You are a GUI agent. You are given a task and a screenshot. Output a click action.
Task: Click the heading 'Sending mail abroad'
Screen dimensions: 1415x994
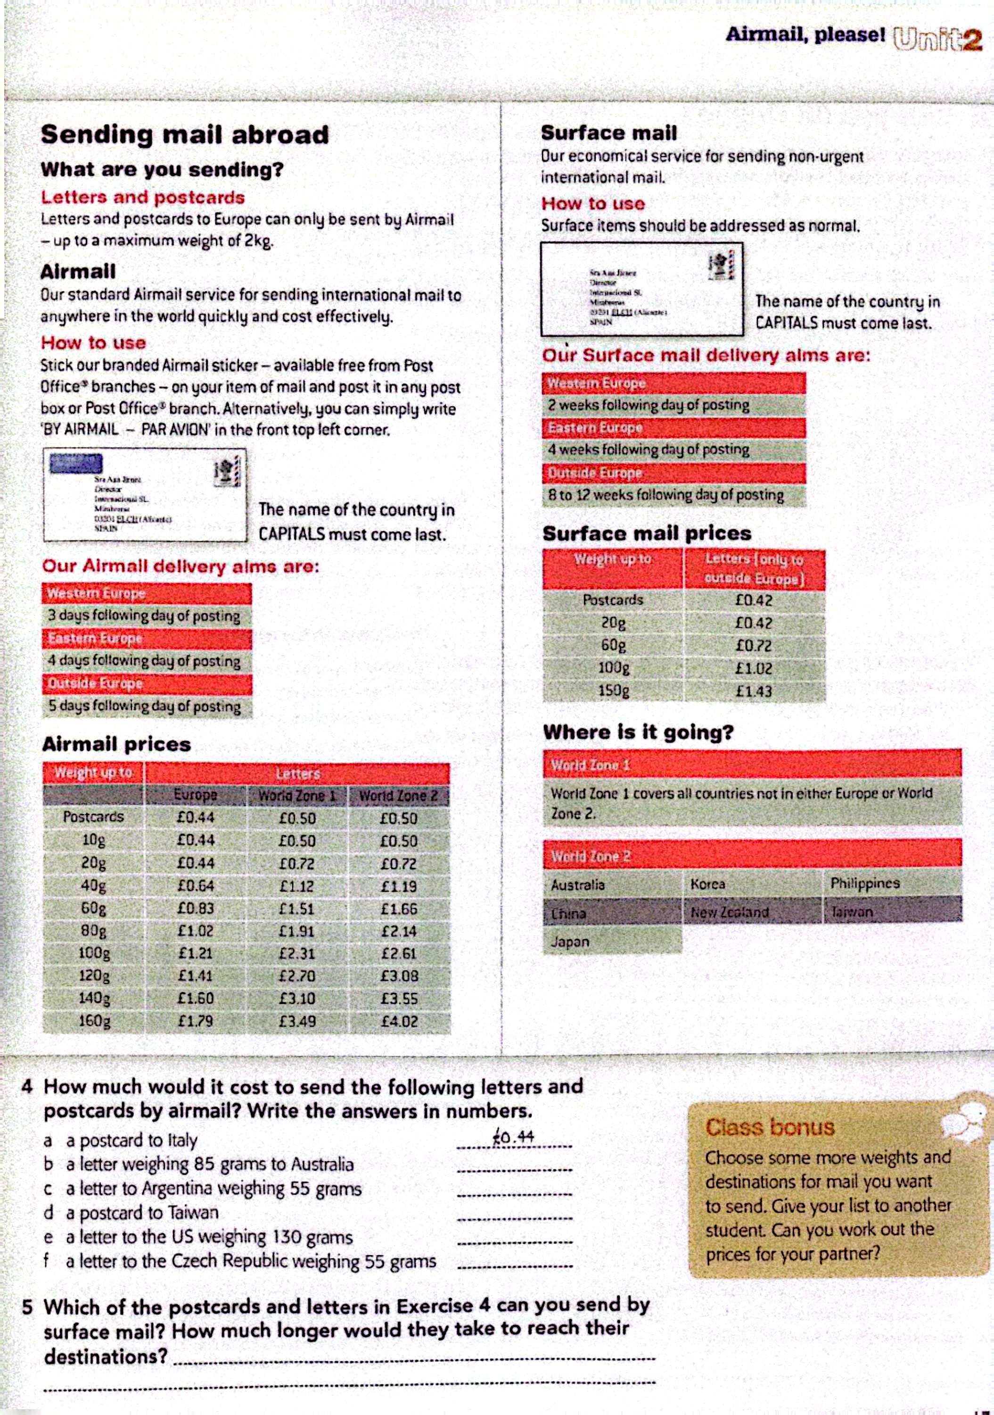coord(185,135)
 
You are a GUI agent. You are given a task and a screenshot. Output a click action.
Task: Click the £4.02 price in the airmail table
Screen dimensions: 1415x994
coord(399,1021)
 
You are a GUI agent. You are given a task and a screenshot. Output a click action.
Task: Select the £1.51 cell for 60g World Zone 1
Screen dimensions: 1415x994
coord(297,909)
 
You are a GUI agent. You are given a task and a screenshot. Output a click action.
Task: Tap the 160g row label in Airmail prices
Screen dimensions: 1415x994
coord(94,1021)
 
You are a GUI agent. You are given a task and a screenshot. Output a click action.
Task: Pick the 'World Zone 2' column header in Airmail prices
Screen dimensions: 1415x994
coord(398,796)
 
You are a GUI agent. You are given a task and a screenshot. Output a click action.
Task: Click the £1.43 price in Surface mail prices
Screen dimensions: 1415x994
coord(754,691)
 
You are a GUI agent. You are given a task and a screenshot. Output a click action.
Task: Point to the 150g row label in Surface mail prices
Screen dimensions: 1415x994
coord(613,691)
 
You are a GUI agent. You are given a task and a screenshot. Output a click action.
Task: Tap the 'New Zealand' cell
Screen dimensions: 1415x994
coord(730,912)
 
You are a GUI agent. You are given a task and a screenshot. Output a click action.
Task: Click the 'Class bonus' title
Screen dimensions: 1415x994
coord(769,1127)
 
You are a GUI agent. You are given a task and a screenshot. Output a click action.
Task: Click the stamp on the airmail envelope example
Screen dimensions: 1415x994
coord(227,472)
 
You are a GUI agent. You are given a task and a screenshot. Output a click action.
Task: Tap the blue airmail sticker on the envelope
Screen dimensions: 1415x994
coord(76,463)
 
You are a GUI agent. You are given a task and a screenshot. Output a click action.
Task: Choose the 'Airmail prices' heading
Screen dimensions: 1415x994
coord(116,744)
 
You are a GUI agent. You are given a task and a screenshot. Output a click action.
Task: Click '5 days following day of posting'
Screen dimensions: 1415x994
coord(144,706)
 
